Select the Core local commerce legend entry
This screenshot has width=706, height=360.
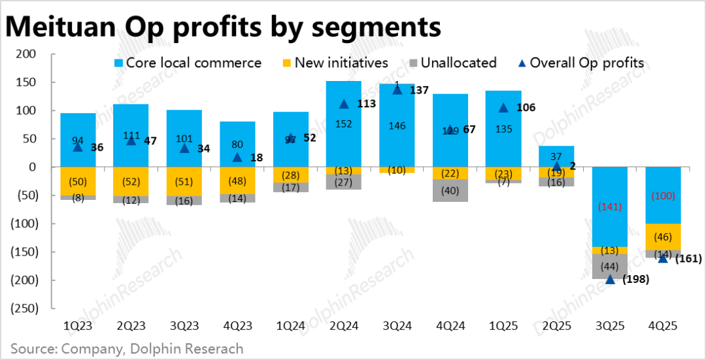click(x=187, y=63)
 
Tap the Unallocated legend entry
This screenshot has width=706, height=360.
click(x=452, y=63)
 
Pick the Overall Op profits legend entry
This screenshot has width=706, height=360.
click(x=580, y=63)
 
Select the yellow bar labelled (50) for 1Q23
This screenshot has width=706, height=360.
click(x=78, y=181)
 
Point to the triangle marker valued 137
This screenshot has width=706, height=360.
click(x=397, y=90)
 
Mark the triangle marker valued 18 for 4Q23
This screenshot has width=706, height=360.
click(x=237, y=157)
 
